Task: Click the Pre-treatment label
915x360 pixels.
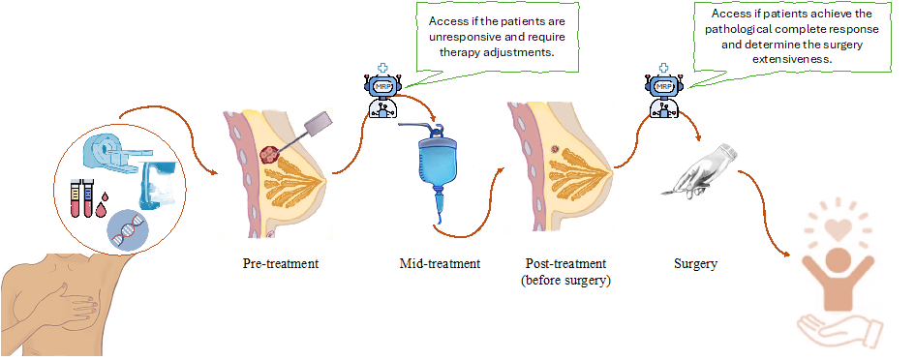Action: pyautogui.click(x=281, y=263)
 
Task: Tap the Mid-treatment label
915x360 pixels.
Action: pyautogui.click(x=440, y=263)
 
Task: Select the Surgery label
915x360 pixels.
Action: pyautogui.click(x=695, y=264)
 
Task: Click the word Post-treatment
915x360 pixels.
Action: pyautogui.click(x=564, y=263)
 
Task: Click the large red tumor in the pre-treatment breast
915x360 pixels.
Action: pyautogui.click(x=269, y=155)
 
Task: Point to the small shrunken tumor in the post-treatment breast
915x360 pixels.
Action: pyautogui.click(x=555, y=149)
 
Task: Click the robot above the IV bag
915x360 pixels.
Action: pyautogui.click(x=383, y=93)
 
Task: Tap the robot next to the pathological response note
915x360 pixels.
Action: pyautogui.click(x=664, y=92)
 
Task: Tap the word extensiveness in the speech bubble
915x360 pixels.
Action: pyautogui.click(x=792, y=59)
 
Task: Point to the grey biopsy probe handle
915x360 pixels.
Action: pyautogui.click(x=320, y=121)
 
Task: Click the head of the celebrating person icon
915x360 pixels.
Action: pyautogui.click(x=838, y=257)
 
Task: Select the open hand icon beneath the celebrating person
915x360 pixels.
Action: pyautogui.click(x=838, y=330)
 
